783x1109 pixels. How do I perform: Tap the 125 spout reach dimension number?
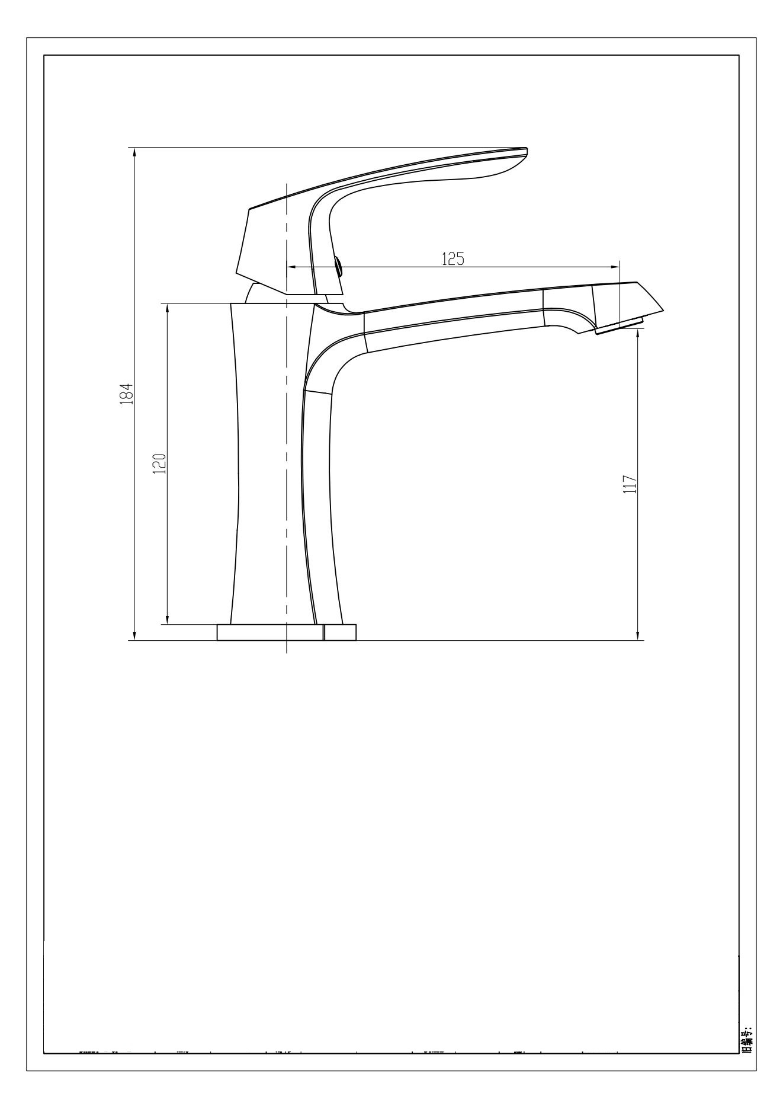point(453,259)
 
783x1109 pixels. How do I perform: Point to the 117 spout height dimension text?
point(630,484)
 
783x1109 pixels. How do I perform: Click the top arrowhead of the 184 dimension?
point(135,152)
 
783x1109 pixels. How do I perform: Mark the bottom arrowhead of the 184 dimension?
point(135,635)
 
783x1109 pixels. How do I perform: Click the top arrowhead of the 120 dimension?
point(167,308)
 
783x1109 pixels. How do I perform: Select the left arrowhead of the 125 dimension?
point(291,267)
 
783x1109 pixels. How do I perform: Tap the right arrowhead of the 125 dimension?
point(615,267)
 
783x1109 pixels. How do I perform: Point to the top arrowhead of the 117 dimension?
point(638,334)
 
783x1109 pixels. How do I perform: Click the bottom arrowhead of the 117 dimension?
point(638,635)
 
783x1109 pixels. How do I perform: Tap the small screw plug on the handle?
point(339,267)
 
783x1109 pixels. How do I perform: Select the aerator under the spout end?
point(619,326)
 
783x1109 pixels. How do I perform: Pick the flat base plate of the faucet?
point(287,632)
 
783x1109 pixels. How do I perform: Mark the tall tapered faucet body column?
point(269,462)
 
